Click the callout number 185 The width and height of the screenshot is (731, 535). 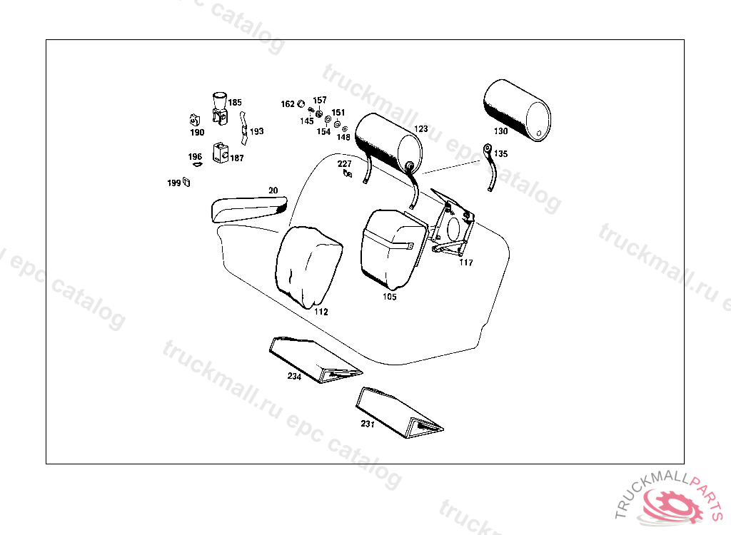(235, 103)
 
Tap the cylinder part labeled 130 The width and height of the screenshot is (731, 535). (517, 110)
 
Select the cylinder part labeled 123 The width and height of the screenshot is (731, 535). (388, 143)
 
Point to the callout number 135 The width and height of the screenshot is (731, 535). (500, 154)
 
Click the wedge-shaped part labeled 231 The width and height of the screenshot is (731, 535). (400, 412)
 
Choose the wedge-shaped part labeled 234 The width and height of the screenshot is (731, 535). (316, 360)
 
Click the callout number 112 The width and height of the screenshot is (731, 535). (321, 312)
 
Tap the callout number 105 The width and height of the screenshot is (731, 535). (390, 297)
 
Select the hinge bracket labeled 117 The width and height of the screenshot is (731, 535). (451, 223)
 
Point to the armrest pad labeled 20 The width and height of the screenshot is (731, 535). (249, 208)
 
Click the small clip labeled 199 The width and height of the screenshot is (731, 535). (186, 182)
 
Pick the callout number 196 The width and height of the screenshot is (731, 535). (196, 157)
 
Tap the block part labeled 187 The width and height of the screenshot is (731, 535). (221, 153)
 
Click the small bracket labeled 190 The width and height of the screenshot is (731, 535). (195, 120)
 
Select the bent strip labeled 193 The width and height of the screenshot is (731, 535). (243, 128)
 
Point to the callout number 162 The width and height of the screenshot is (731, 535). (288, 104)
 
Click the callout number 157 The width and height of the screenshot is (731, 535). (320, 100)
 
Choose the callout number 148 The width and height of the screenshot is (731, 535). (343, 137)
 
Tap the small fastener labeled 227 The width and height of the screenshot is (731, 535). (348, 174)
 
